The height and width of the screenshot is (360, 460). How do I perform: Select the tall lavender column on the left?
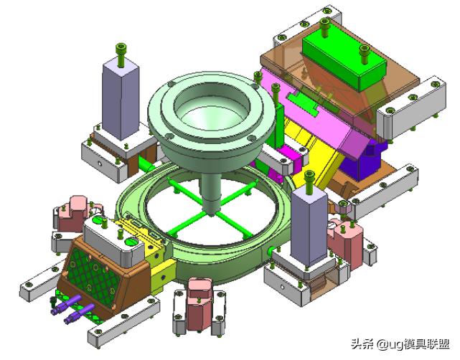pos(121,100)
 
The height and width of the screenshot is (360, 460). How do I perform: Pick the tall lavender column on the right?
pos(309,226)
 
